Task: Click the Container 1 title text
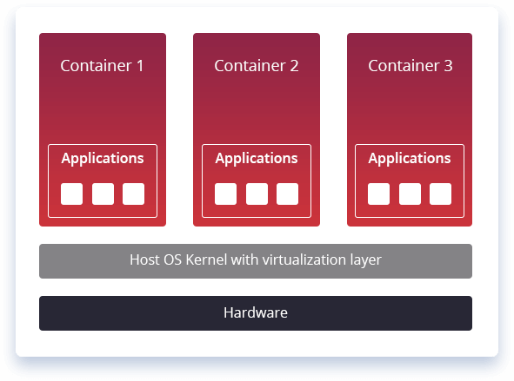102,65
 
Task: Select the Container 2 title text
256,65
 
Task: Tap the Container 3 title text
410,65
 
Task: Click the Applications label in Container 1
102,159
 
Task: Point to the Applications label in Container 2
256,159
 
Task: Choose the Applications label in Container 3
409,159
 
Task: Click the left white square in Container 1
71,194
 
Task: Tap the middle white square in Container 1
103,194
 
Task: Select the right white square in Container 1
133,194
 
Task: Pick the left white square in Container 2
225,194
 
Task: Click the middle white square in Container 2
257,194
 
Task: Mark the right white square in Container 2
287,194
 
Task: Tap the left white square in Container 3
378,194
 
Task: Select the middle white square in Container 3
410,194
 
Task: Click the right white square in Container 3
440,194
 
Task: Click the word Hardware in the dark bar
255,313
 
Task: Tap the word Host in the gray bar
144,259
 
